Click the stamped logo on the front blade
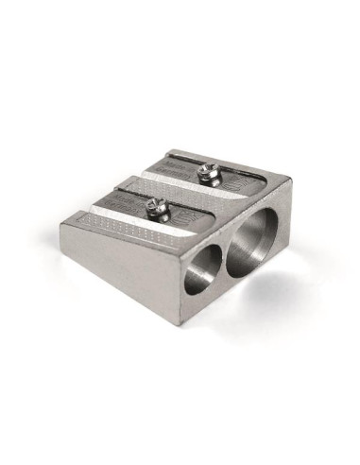click(193, 220)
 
